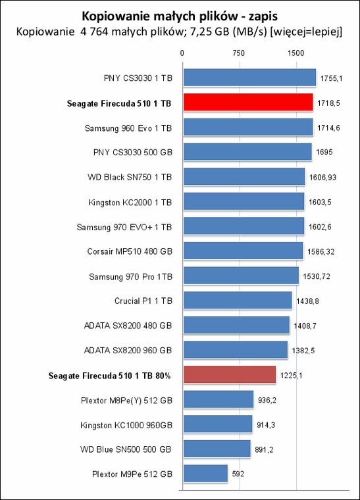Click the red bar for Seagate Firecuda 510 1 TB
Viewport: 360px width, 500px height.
248,102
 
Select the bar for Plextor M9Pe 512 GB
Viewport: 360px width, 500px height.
205,474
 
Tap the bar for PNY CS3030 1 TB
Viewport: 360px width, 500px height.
249,78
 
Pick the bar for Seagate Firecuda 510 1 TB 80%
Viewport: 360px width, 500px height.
230,374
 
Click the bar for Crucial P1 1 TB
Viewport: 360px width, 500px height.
238,300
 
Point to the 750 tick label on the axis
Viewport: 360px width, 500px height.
239,53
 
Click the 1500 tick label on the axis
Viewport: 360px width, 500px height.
296,53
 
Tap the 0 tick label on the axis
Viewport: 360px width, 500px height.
182,53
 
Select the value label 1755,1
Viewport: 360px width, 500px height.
331,78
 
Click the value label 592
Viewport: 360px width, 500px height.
238,474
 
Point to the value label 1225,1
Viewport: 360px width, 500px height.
291,375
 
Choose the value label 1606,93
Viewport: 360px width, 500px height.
322,177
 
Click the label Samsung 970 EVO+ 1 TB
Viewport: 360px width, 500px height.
124,227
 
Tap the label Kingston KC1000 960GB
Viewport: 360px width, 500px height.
126,425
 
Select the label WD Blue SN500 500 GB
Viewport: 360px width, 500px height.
126,449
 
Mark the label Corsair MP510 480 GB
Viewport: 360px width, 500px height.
130,251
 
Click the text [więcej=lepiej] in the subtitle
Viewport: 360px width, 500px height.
306,32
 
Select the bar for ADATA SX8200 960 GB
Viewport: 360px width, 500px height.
236,349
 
